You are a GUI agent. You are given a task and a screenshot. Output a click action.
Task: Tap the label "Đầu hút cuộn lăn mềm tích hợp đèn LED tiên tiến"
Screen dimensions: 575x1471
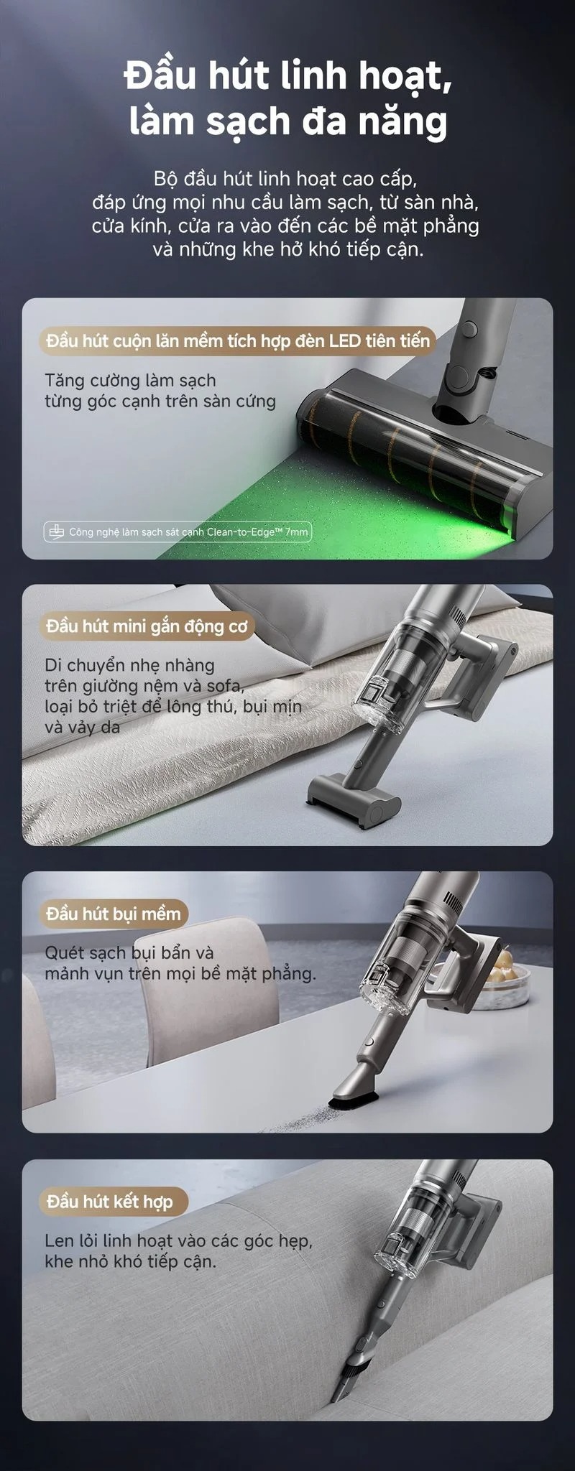pos(238,340)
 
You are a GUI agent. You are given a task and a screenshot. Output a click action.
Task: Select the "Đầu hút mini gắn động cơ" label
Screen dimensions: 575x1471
pos(147,626)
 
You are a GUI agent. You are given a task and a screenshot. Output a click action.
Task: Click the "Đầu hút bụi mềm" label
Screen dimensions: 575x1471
pos(114,914)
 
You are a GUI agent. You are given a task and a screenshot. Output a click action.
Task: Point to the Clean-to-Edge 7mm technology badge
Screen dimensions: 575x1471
pos(178,532)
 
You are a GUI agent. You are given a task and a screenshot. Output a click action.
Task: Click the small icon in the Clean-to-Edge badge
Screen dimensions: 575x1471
pos(56,532)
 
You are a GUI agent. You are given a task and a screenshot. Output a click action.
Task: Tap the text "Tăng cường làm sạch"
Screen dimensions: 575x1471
pos(130,381)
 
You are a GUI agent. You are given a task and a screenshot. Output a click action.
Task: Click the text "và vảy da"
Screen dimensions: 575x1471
pos(82,727)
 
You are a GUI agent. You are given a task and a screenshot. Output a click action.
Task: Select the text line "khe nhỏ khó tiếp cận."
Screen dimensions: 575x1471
pos(130,1261)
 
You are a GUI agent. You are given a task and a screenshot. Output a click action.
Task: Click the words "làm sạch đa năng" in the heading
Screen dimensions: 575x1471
pos(288,120)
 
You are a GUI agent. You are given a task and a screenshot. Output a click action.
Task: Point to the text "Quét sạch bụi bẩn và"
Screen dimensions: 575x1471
pos(129,953)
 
